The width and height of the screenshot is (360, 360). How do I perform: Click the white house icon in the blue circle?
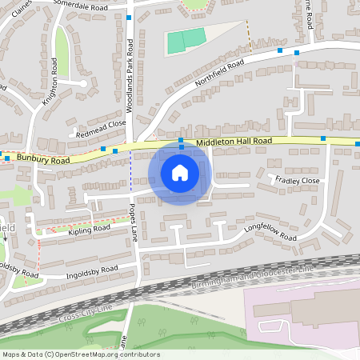[x=179, y=173]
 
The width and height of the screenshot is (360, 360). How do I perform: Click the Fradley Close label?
[x=297, y=181]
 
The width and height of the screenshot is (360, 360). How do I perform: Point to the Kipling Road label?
[x=88, y=230]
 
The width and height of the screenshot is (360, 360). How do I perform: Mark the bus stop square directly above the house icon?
[x=182, y=140]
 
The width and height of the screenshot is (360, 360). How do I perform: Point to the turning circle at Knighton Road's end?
[x=82, y=82]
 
